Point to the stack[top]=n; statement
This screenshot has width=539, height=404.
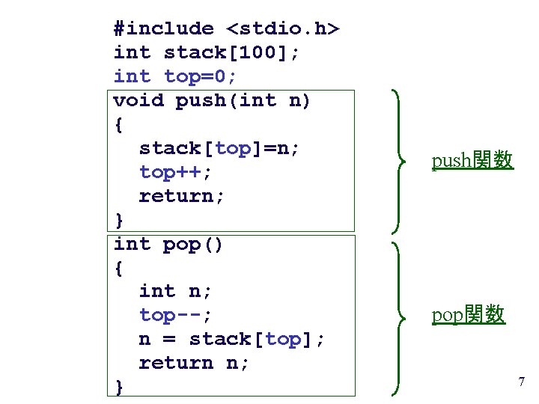(219, 149)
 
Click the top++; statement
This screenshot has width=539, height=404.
(176, 173)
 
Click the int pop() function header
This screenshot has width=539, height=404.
(168, 245)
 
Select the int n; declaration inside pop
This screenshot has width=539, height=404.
(176, 292)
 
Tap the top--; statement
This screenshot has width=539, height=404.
(176, 316)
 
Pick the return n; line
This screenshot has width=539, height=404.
(195, 364)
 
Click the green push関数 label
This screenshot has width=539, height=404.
(472, 160)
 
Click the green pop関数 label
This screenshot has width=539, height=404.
(469, 315)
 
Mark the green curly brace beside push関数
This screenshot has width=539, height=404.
(401, 160)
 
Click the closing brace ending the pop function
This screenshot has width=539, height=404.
(119, 387)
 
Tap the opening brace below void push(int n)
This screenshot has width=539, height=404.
(119, 125)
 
